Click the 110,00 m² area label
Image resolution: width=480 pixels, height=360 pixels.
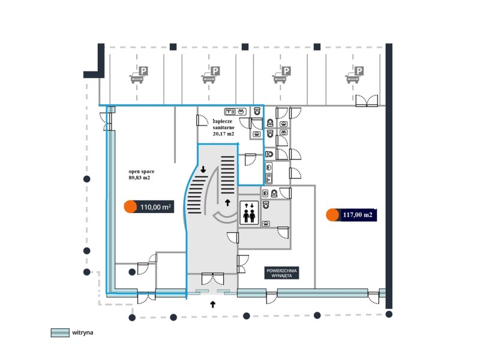(155, 208)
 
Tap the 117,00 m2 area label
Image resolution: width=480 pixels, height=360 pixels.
(358, 214)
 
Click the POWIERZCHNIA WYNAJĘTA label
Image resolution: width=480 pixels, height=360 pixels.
(281, 272)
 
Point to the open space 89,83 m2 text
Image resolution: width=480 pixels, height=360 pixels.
(139, 174)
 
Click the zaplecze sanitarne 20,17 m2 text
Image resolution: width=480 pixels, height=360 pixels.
(225, 127)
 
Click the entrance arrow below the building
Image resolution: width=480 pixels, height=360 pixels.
(213, 305)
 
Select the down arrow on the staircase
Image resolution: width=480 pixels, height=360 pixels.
(203, 170)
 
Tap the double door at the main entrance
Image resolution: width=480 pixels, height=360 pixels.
(213, 278)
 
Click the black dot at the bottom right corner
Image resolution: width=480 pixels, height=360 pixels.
(389, 314)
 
